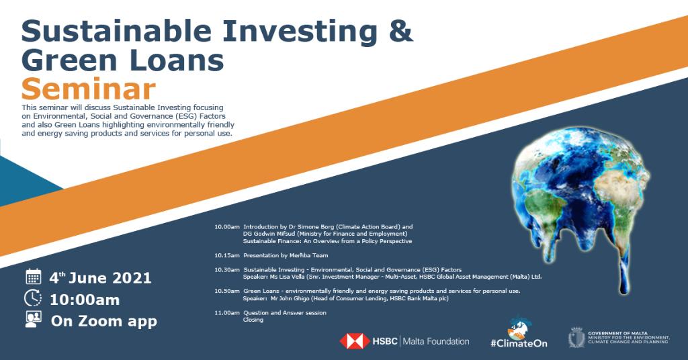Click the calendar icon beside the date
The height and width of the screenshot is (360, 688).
coord(33,277)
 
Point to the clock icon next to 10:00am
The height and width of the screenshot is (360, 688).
coord(33,298)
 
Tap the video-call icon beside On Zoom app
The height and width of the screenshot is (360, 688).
coord(33,320)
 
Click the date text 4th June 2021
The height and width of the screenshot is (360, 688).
coord(101,277)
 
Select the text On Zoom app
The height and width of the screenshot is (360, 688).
coord(104,320)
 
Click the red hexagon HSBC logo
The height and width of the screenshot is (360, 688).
coord(354,341)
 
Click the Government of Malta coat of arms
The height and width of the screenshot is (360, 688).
coord(576,337)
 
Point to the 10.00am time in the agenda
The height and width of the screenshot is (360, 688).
coord(226,227)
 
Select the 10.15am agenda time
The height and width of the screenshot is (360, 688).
coord(226,255)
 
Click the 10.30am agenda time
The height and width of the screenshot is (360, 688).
coord(226,269)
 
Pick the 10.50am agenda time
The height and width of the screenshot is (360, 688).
coord(226,291)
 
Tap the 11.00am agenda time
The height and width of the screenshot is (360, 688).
coord(226,312)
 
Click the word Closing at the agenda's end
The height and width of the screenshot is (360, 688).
coord(253,320)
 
